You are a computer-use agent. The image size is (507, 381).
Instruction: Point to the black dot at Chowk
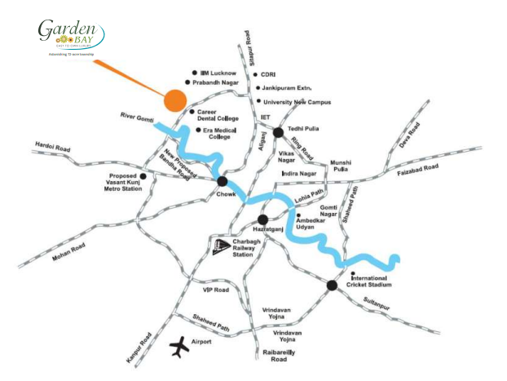[222, 181]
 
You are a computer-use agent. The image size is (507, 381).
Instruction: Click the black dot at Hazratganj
[262, 220]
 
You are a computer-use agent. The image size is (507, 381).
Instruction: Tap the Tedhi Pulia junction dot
[278, 132]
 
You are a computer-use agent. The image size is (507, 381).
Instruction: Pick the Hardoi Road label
[53, 147]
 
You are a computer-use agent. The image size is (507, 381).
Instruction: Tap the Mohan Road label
[67, 248]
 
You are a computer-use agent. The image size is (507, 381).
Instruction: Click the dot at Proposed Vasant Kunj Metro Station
[143, 175]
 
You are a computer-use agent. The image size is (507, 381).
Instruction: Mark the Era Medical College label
[220, 133]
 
